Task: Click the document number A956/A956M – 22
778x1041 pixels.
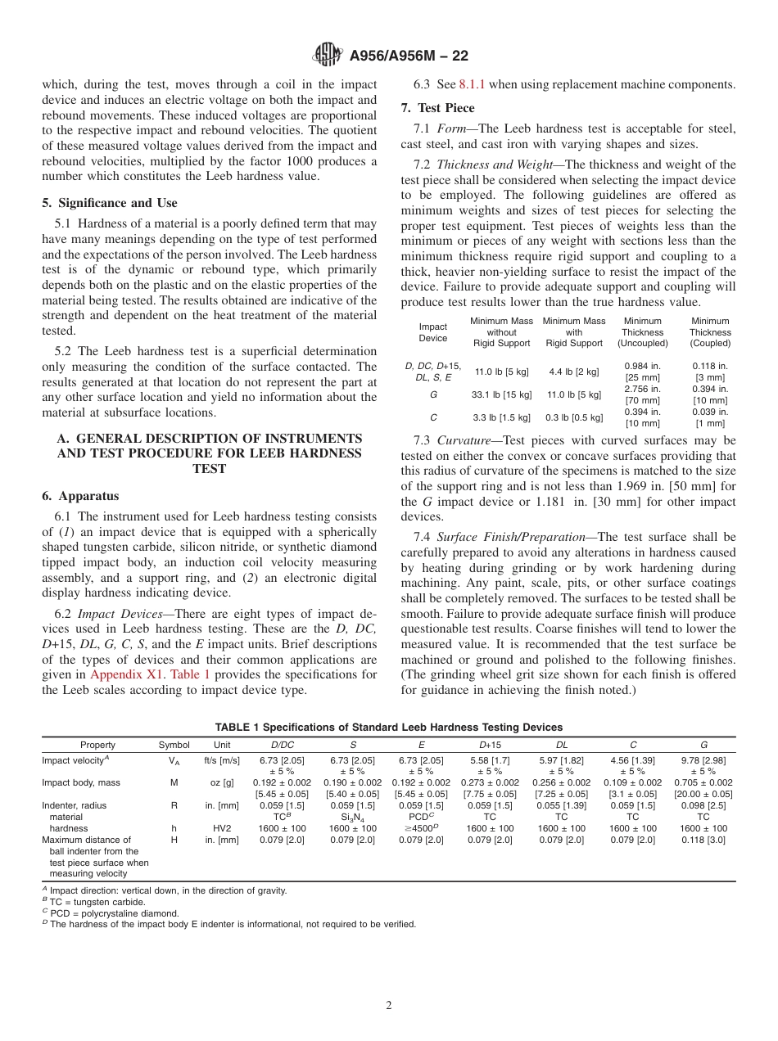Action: [409, 56]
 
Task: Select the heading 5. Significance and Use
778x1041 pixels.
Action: [110, 203]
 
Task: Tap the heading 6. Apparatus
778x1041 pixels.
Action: [80, 496]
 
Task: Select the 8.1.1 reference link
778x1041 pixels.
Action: [473, 84]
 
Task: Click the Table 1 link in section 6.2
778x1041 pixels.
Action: [190, 675]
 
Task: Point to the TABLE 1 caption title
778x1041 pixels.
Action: [388, 728]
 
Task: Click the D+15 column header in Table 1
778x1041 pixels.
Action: [491, 746]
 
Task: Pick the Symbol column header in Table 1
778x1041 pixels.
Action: [174, 746]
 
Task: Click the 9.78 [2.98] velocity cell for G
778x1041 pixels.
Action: [703, 760]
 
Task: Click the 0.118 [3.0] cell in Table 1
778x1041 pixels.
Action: [703, 840]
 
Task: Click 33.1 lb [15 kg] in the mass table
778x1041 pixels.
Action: [502, 394]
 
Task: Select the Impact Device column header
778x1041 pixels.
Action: [433, 332]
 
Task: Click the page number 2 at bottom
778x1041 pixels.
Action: [389, 1006]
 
